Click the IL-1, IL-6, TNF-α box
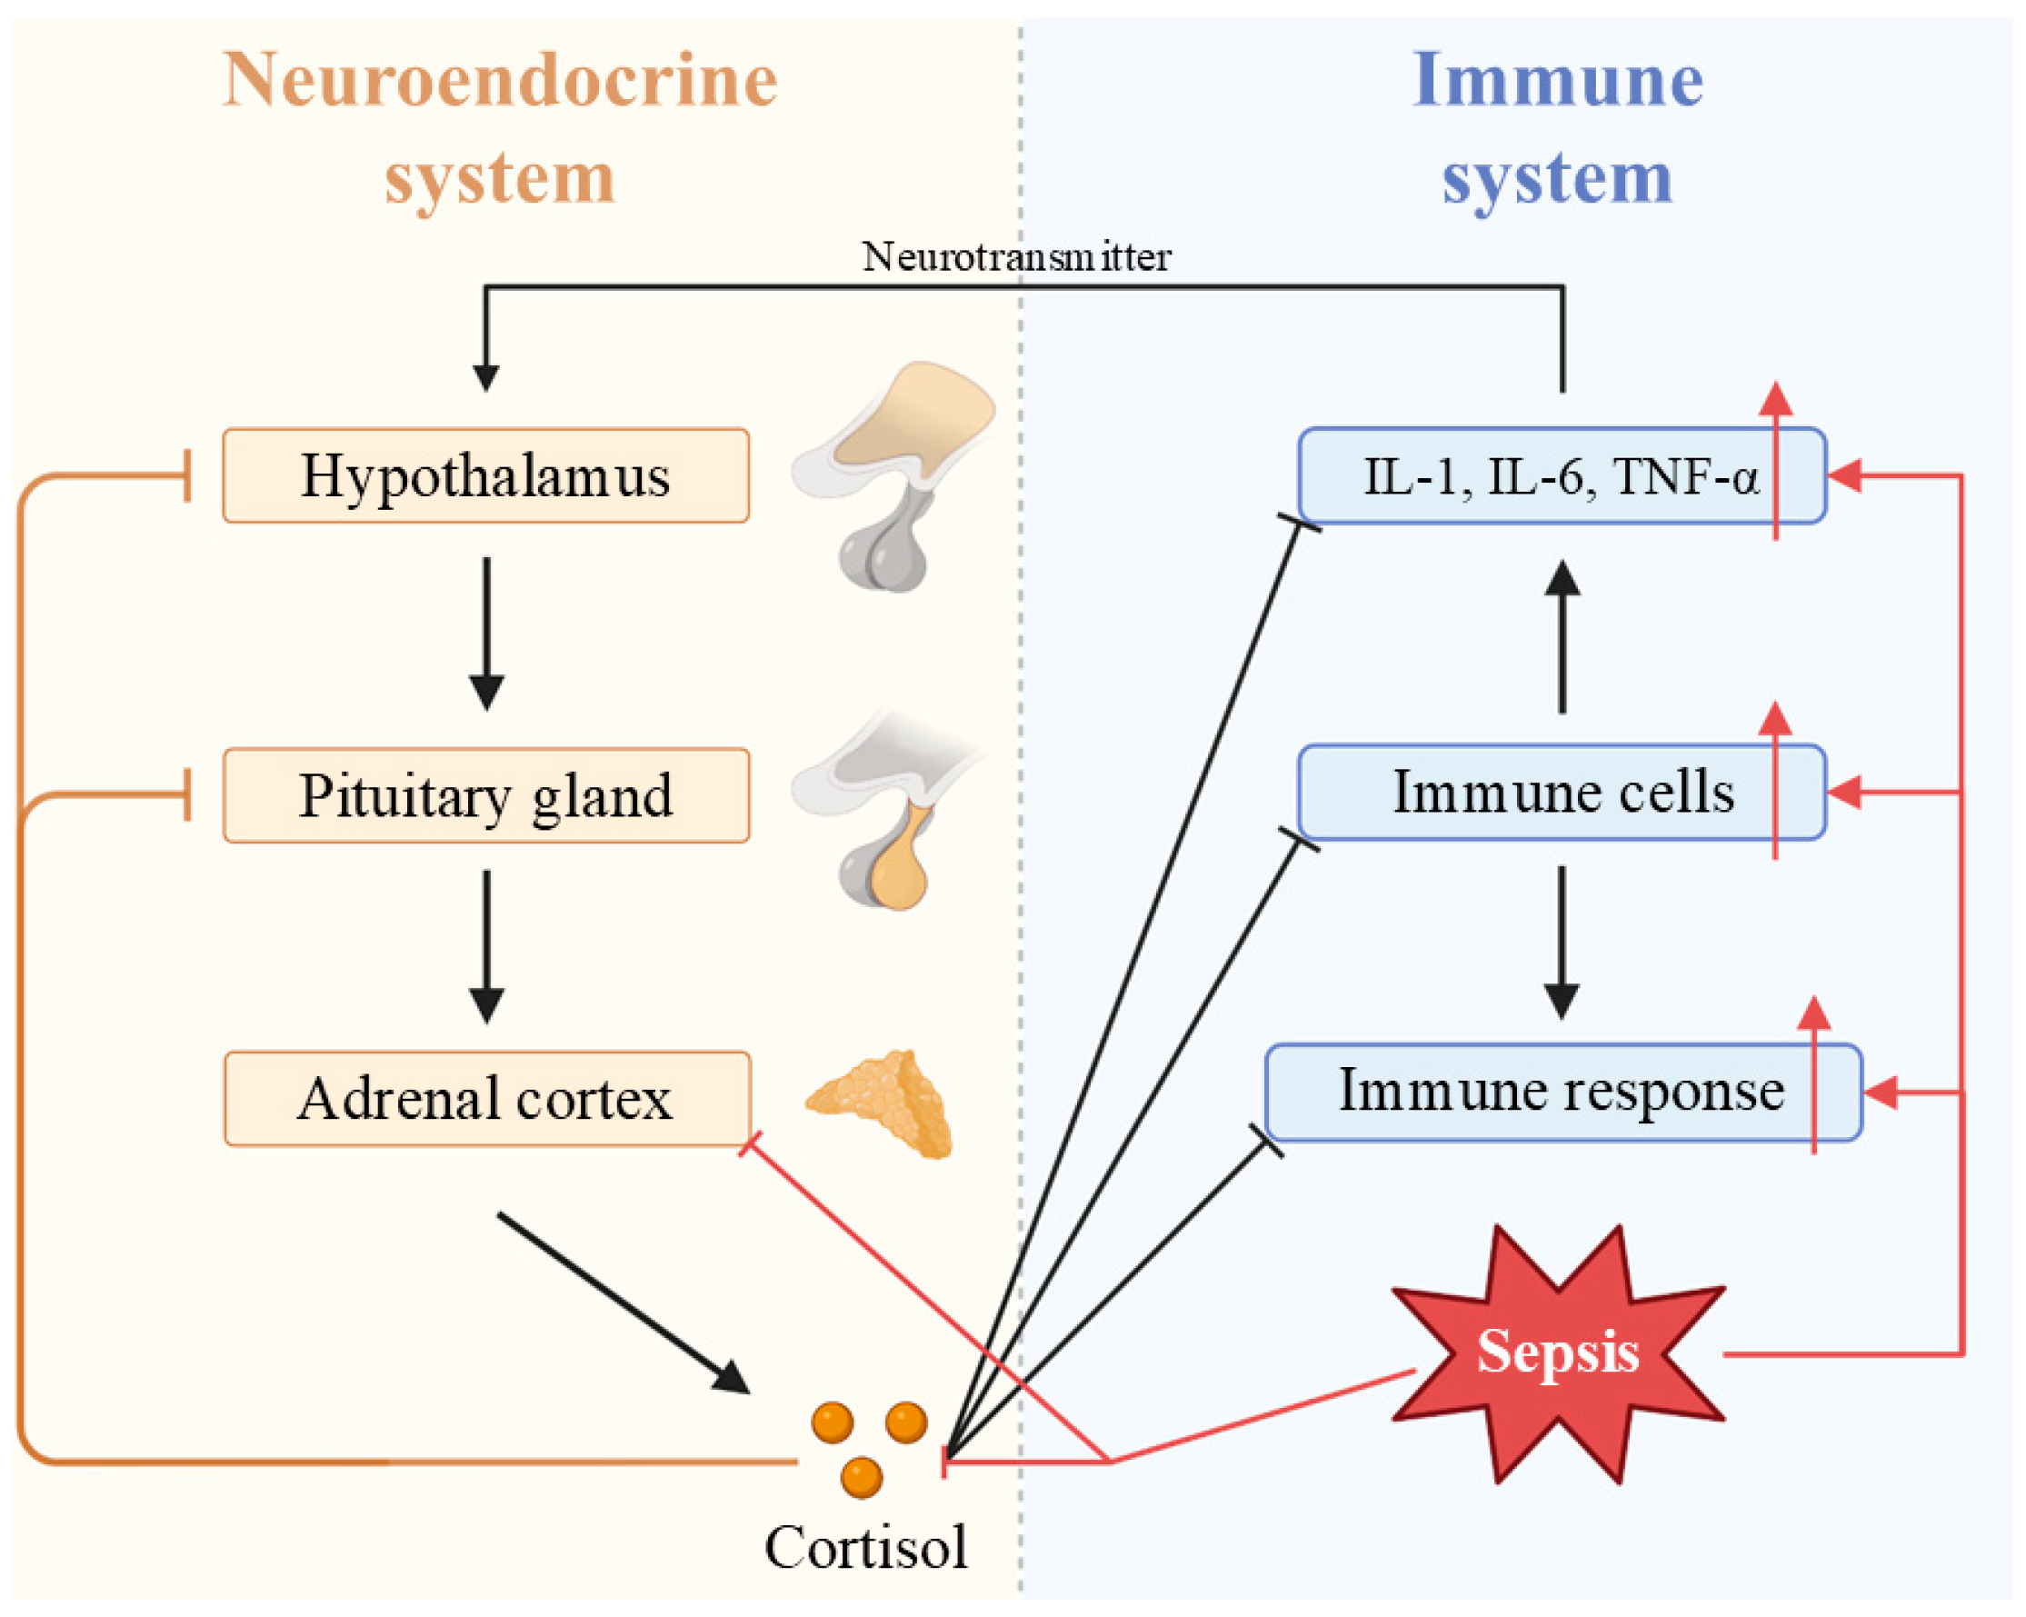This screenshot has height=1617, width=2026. (1560, 475)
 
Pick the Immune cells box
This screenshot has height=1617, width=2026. (1560, 792)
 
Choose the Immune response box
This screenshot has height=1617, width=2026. (1560, 1091)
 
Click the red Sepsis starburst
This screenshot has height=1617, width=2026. (1557, 1354)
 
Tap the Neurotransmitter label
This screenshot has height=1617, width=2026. (1016, 256)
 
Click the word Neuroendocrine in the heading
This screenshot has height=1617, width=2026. (500, 81)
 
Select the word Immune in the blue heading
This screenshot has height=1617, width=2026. (1557, 81)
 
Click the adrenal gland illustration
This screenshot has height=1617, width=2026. (884, 1103)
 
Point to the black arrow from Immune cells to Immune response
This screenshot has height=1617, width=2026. (1562, 942)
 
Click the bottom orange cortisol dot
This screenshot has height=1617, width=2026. (862, 1478)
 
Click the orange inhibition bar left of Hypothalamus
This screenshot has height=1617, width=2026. (188, 475)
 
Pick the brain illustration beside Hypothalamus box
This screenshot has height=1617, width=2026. (893, 475)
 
